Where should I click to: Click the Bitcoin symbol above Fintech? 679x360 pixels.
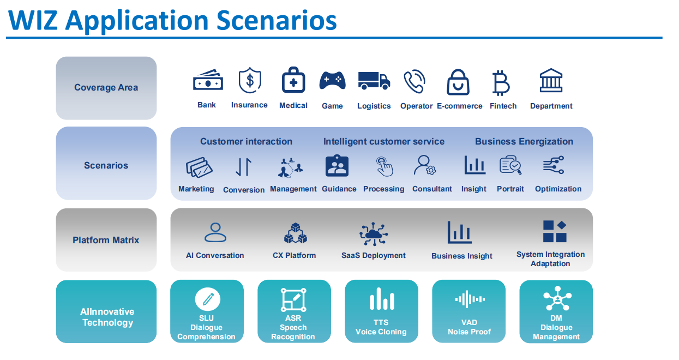[x=501, y=83]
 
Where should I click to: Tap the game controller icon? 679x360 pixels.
[x=332, y=80]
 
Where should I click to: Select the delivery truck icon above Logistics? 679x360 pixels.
[x=374, y=81]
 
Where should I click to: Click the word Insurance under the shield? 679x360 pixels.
[x=249, y=105]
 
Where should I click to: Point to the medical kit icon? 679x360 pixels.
[x=293, y=80]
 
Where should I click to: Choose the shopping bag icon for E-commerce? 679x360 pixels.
[x=458, y=82]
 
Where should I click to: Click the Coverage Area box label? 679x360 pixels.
[x=106, y=87]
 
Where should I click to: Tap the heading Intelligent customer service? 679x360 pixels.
[x=384, y=141]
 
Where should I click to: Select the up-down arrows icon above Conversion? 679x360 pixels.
[x=244, y=167]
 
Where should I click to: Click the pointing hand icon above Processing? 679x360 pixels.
[x=384, y=166]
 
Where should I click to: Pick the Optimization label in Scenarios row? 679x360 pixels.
[x=558, y=189]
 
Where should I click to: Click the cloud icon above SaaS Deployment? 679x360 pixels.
[x=374, y=234]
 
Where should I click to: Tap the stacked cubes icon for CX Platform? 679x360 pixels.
[x=295, y=233]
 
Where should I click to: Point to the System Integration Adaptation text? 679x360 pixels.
[x=550, y=259]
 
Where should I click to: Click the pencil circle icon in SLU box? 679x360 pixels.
[x=208, y=299]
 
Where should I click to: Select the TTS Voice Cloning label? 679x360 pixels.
[x=381, y=327]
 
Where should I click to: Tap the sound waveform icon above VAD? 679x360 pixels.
[x=470, y=299]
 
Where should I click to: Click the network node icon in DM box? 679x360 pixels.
[x=557, y=298]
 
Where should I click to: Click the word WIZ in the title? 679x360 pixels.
[x=33, y=20]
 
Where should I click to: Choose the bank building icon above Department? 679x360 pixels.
[x=551, y=80]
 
